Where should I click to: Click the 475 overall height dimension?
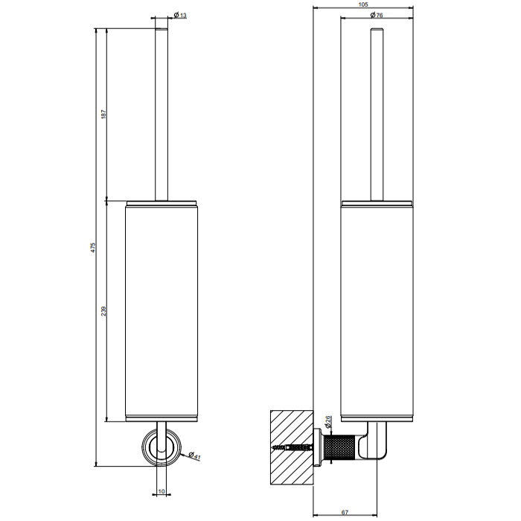(x=93, y=247)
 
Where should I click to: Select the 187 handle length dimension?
(x=103, y=115)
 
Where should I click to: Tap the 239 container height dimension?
(x=103, y=311)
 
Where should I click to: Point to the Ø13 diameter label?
(x=180, y=15)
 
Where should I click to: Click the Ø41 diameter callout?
(x=194, y=456)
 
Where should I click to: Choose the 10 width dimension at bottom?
(x=162, y=491)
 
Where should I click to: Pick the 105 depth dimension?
(x=363, y=4)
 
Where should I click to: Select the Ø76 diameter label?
(x=377, y=15)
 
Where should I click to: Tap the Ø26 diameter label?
(x=327, y=422)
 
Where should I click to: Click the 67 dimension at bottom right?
(x=345, y=513)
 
